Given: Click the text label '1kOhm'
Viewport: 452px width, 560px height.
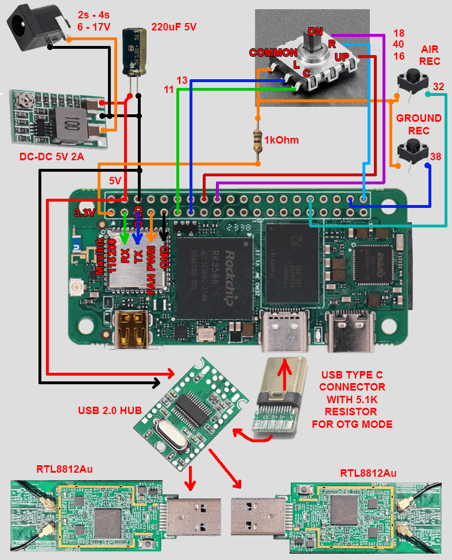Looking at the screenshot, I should coord(281,140).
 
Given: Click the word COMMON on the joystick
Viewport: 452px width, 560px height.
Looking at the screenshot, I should coord(272,53).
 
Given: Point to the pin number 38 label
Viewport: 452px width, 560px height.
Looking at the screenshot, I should coord(436,156).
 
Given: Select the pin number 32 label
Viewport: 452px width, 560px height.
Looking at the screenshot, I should coord(438,87).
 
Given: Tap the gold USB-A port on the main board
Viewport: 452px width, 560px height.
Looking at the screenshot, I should coord(132,330).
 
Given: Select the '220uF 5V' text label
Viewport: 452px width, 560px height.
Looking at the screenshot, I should coord(173,26).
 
